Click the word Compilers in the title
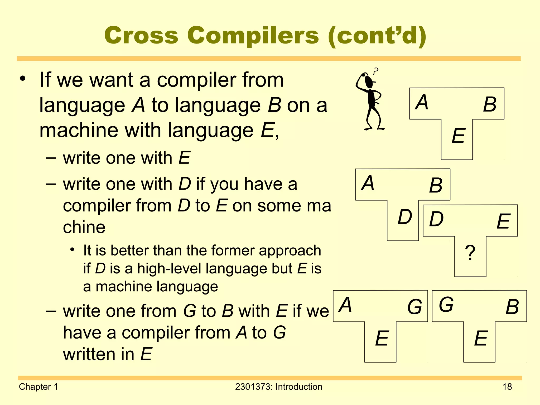[x=253, y=36]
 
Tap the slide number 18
[x=507, y=387]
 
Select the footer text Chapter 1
[x=38, y=387]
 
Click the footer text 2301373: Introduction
[x=278, y=387]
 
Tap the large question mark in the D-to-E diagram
[x=470, y=253]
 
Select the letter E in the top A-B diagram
[x=458, y=136]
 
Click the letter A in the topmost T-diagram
[x=422, y=102]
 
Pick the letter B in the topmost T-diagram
[x=490, y=104]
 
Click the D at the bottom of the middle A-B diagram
[x=405, y=217]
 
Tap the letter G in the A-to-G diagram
[x=415, y=307]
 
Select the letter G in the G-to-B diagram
[x=446, y=305]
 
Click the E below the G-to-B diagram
[x=481, y=339]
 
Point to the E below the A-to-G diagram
[x=382, y=339]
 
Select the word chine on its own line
[x=84, y=227]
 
